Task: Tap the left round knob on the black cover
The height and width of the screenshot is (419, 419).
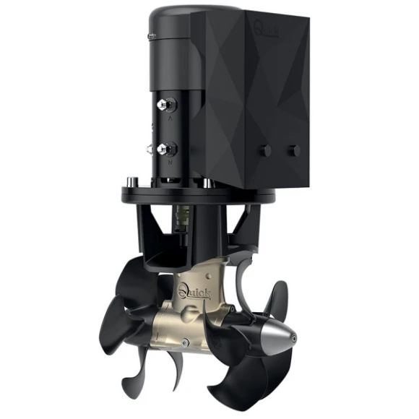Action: (x=266, y=151)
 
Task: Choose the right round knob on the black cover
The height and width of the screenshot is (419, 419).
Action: (x=294, y=150)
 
